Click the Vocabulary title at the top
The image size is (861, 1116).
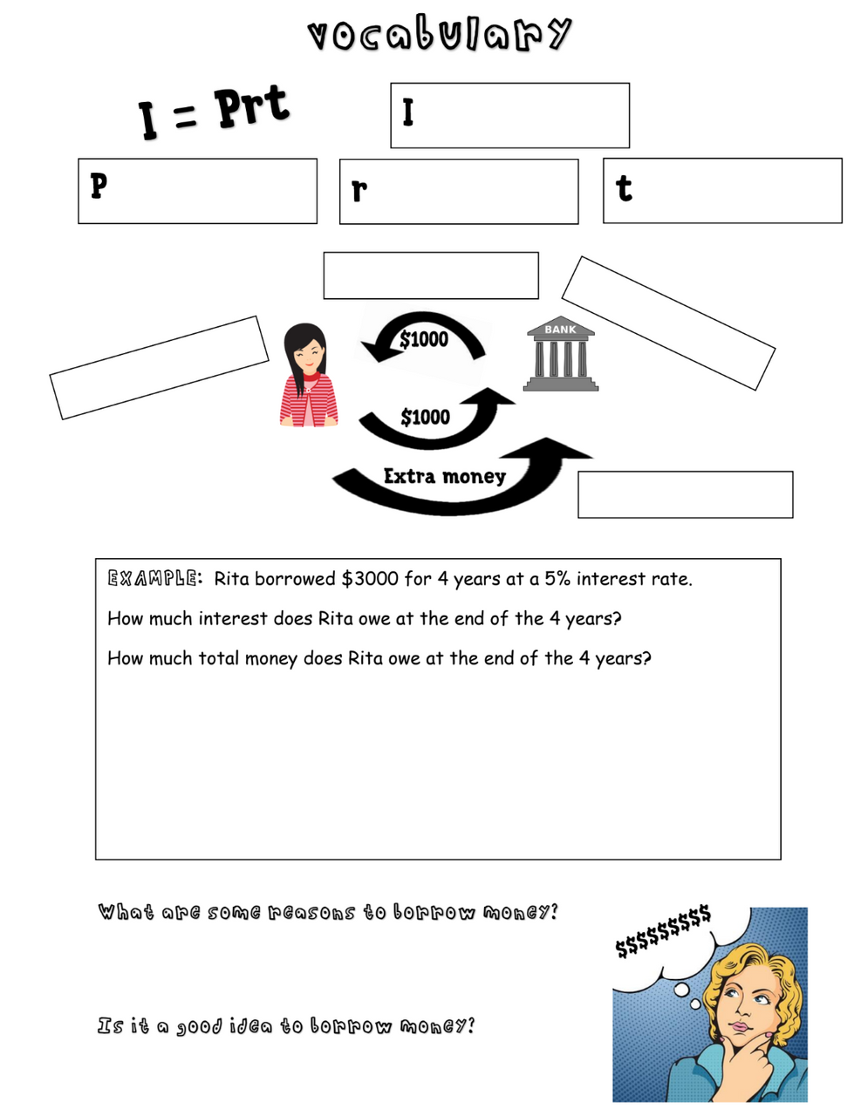(439, 35)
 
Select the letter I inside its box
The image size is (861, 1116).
(407, 113)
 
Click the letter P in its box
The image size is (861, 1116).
(99, 186)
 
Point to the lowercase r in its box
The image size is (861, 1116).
(359, 190)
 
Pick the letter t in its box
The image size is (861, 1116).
(624, 187)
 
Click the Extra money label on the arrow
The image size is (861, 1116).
(444, 476)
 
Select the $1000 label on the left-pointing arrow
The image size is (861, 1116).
(424, 339)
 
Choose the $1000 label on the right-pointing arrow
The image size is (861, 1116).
(425, 417)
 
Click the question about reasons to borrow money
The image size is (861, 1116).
(327, 913)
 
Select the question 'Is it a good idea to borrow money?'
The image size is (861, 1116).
(286, 1026)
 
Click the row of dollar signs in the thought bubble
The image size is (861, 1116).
(663, 931)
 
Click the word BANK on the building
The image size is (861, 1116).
(560, 330)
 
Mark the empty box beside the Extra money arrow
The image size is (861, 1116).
(685, 494)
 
